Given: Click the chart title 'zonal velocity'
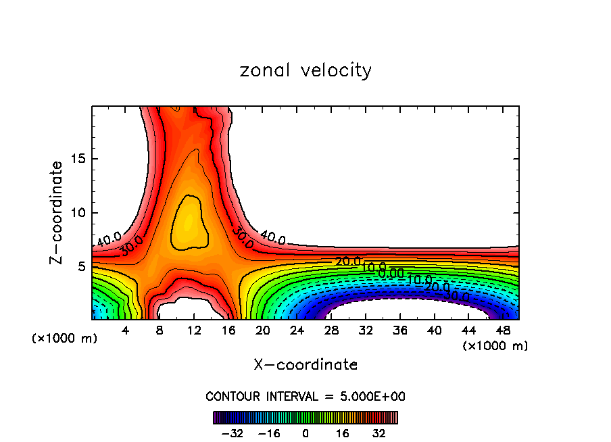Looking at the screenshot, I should tap(305, 70).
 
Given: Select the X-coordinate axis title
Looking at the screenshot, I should tap(305, 364).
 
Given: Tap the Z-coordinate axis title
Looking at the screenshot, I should tap(57, 212).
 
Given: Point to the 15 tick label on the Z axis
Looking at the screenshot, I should tap(76, 159).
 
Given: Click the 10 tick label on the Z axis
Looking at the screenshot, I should tap(76, 213).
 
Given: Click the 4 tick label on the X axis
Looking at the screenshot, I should tap(125, 330).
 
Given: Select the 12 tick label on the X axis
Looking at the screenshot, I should tap(194, 330).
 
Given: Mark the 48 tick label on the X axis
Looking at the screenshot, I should tap(503, 330).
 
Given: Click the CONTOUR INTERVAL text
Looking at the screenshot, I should tap(305, 396).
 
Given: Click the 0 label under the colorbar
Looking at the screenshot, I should tap(305, 433).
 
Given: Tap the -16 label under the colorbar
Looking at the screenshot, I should tap(269, 433).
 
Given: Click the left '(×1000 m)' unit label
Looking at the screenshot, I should tap(65, 339).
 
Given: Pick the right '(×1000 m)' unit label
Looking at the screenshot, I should tap(495, 346).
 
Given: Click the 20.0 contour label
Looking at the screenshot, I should tap(348, 262).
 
